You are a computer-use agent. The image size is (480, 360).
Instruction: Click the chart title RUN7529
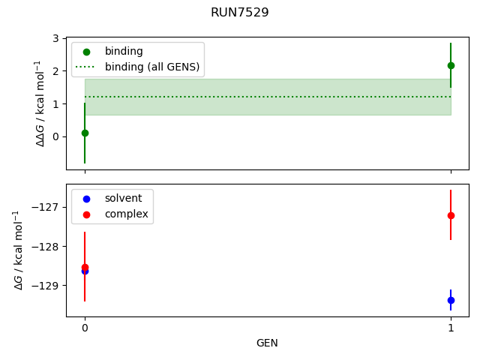[240, 13]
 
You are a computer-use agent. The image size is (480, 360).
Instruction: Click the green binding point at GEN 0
[85, 133]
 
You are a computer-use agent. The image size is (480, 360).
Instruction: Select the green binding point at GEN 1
[451, 65]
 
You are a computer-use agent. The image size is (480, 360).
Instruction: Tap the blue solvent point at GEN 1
[451, 300]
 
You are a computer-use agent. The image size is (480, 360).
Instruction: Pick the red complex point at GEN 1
[451, 215]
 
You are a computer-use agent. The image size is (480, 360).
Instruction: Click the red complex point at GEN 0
[85, 266]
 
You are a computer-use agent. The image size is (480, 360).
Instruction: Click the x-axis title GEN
[267, 343]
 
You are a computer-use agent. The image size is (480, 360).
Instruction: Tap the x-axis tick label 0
[85, 328]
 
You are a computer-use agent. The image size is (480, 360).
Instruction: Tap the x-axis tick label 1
[451, 328]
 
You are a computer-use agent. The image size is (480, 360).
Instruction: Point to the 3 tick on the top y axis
[56, 38]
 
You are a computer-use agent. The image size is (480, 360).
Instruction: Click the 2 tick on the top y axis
[56, 71]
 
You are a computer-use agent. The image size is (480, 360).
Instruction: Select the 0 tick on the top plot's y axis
[56, 136]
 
